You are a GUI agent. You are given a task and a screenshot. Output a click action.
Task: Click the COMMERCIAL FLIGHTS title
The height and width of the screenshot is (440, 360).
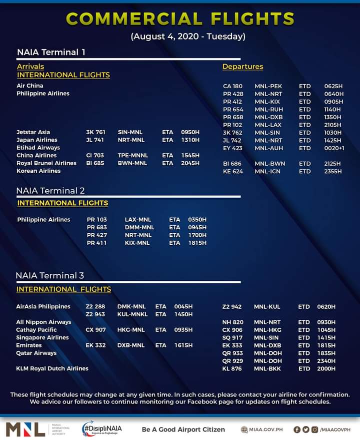coord(180,19)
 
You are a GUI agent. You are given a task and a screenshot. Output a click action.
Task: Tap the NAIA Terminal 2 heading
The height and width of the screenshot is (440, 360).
coord(50,191)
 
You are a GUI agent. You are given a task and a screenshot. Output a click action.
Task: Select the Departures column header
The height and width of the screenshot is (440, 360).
coord(242,67)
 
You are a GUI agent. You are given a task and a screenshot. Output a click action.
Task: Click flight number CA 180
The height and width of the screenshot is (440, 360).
coord(232,86)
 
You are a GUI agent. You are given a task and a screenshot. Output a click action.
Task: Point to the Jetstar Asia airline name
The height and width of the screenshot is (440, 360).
coord(33,132)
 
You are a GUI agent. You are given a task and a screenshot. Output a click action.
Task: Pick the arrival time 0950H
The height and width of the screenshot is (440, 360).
coord(190,132)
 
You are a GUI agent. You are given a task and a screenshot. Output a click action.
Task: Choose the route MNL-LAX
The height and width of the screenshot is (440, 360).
coord(268,125)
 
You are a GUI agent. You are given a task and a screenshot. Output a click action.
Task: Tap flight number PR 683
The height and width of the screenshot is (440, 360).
coord(97,227)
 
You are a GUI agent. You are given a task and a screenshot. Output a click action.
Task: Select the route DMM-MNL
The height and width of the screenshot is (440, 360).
coord(139,227)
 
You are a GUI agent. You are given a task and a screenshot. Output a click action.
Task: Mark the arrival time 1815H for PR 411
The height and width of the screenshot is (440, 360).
coord(197,243)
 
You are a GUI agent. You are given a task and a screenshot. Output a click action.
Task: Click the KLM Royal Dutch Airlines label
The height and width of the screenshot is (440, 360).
coord(52,368)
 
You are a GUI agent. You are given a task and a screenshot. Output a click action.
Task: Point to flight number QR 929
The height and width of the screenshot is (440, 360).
coord(232,361)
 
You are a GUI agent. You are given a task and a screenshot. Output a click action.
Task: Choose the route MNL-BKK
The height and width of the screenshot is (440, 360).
coord(267,369)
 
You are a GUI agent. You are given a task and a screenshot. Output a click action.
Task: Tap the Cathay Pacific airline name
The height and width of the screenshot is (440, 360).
coord(36,330)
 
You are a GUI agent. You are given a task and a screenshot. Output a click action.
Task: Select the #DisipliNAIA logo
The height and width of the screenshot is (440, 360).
coord(102,429)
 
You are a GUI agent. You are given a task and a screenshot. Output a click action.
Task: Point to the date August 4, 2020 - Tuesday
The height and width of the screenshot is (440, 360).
coord(188,37)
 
